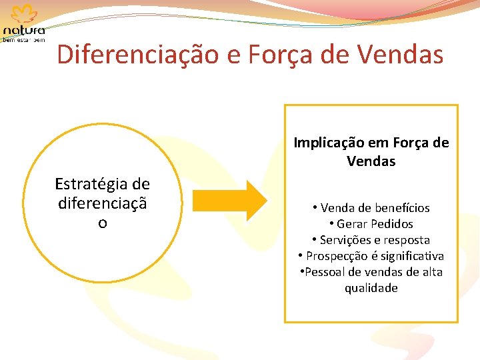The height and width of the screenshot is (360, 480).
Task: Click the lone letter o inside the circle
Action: pos(102,223)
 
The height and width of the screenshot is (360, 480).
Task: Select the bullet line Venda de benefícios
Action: pos(371,208)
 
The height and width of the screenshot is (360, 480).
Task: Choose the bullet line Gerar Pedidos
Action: pos(371,224)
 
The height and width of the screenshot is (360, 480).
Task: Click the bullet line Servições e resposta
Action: pos(371,240)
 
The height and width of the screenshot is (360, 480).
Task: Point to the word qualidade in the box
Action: pos(371,288)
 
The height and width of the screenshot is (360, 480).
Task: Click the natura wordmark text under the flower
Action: pos(25,31)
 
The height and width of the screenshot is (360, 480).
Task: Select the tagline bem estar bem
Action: pos(24,40)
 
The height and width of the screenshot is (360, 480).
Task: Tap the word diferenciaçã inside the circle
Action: pos(102,202)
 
